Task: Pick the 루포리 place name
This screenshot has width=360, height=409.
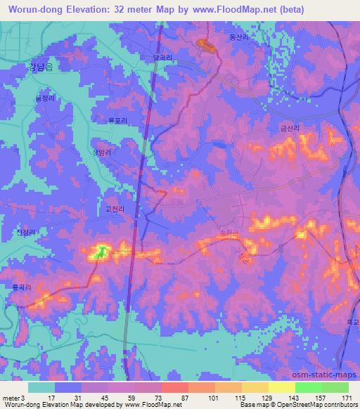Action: [x=117, y=121]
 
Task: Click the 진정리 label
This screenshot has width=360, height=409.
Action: [x=24, y=232]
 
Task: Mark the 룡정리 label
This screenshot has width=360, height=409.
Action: [x=44, y=99]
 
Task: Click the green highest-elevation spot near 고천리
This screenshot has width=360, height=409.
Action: [x=101, y=250]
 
